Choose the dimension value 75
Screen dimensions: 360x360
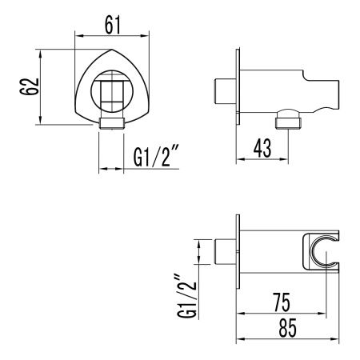[279, 302]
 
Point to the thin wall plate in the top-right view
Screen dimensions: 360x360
[237, 87]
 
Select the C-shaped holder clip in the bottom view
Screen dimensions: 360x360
[320, 252]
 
